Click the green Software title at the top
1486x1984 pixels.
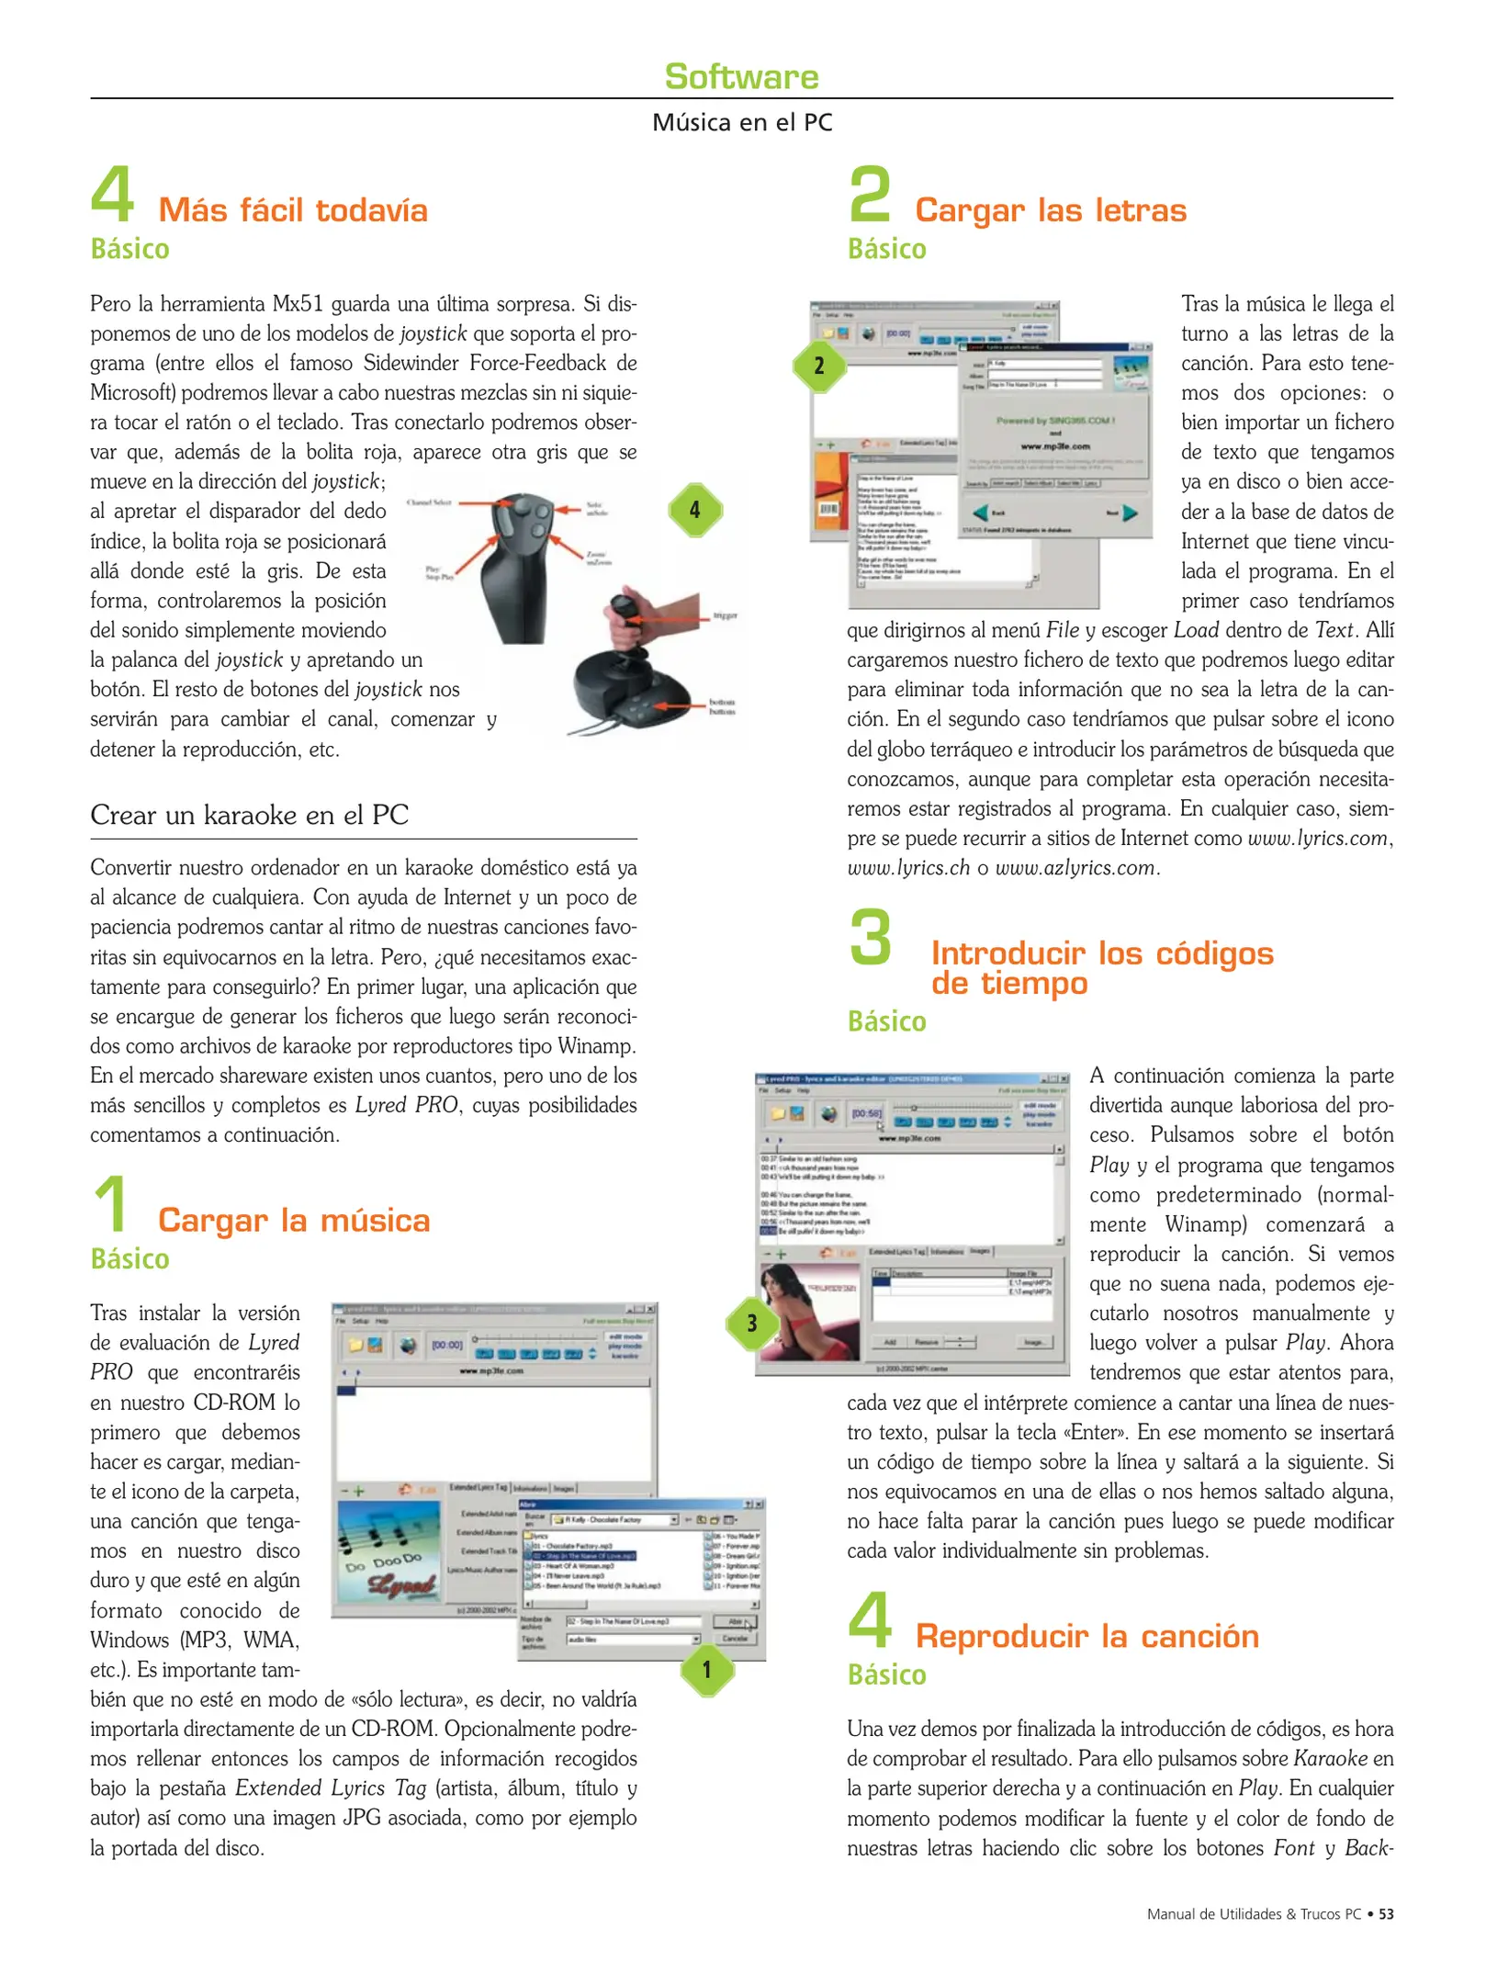pyautogui.click(x=741, y=76)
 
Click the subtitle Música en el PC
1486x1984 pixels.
pyautogui.click(x=741, y=122)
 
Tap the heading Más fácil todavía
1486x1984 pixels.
pyautogui.click(x=292, y=210)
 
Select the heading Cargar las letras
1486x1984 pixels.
pyautogui.click(x=1050, y=210)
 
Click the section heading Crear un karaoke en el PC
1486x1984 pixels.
pyautogui.click(x=249, y=815)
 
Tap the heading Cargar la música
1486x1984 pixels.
pyautogui.click(x=293, y=1220)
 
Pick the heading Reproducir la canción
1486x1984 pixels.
pyautogui.click(x=1086, y=1636)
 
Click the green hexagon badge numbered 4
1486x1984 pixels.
pyautogui.click(x=694, y=510)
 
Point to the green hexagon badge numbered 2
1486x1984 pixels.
pyautogui.click(x=819, y=366)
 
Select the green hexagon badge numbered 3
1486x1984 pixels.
pyautogui.click(x=751, y=1323)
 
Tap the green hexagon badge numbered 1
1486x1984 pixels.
pyautogui.click(x=706, y=1669)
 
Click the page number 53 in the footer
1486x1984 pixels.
pyautogui.click(x=1386, y=1914)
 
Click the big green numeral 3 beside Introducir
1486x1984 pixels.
pyautogui.click(x=870, y=939)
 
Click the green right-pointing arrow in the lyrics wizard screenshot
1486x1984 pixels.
pyautogui.click(x=1130, y=513)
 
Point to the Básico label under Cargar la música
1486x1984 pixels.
pyautogui.click(x=129, y=1258)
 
